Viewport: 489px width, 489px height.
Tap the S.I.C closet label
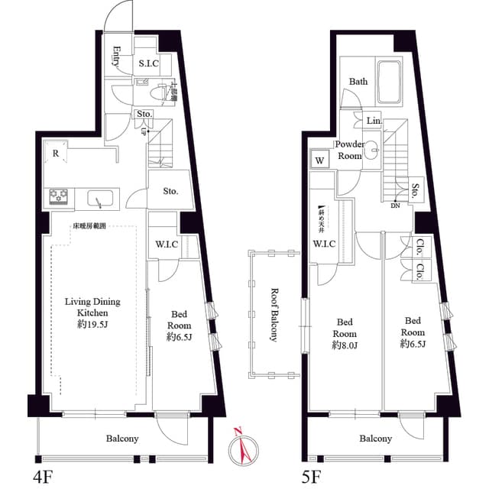(147, 63)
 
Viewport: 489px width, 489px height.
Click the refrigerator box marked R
(57, 153)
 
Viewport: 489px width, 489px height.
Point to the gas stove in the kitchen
(59, 199)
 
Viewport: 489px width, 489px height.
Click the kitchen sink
(99, 200)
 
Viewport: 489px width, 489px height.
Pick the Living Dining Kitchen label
(92, 307)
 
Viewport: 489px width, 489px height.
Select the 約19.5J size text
(92, 324)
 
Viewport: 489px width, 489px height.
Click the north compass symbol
(244, 444)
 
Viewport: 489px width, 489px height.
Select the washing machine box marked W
(319, 160)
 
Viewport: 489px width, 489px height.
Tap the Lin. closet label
(373, 121)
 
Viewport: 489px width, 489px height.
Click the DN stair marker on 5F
(394, 205)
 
